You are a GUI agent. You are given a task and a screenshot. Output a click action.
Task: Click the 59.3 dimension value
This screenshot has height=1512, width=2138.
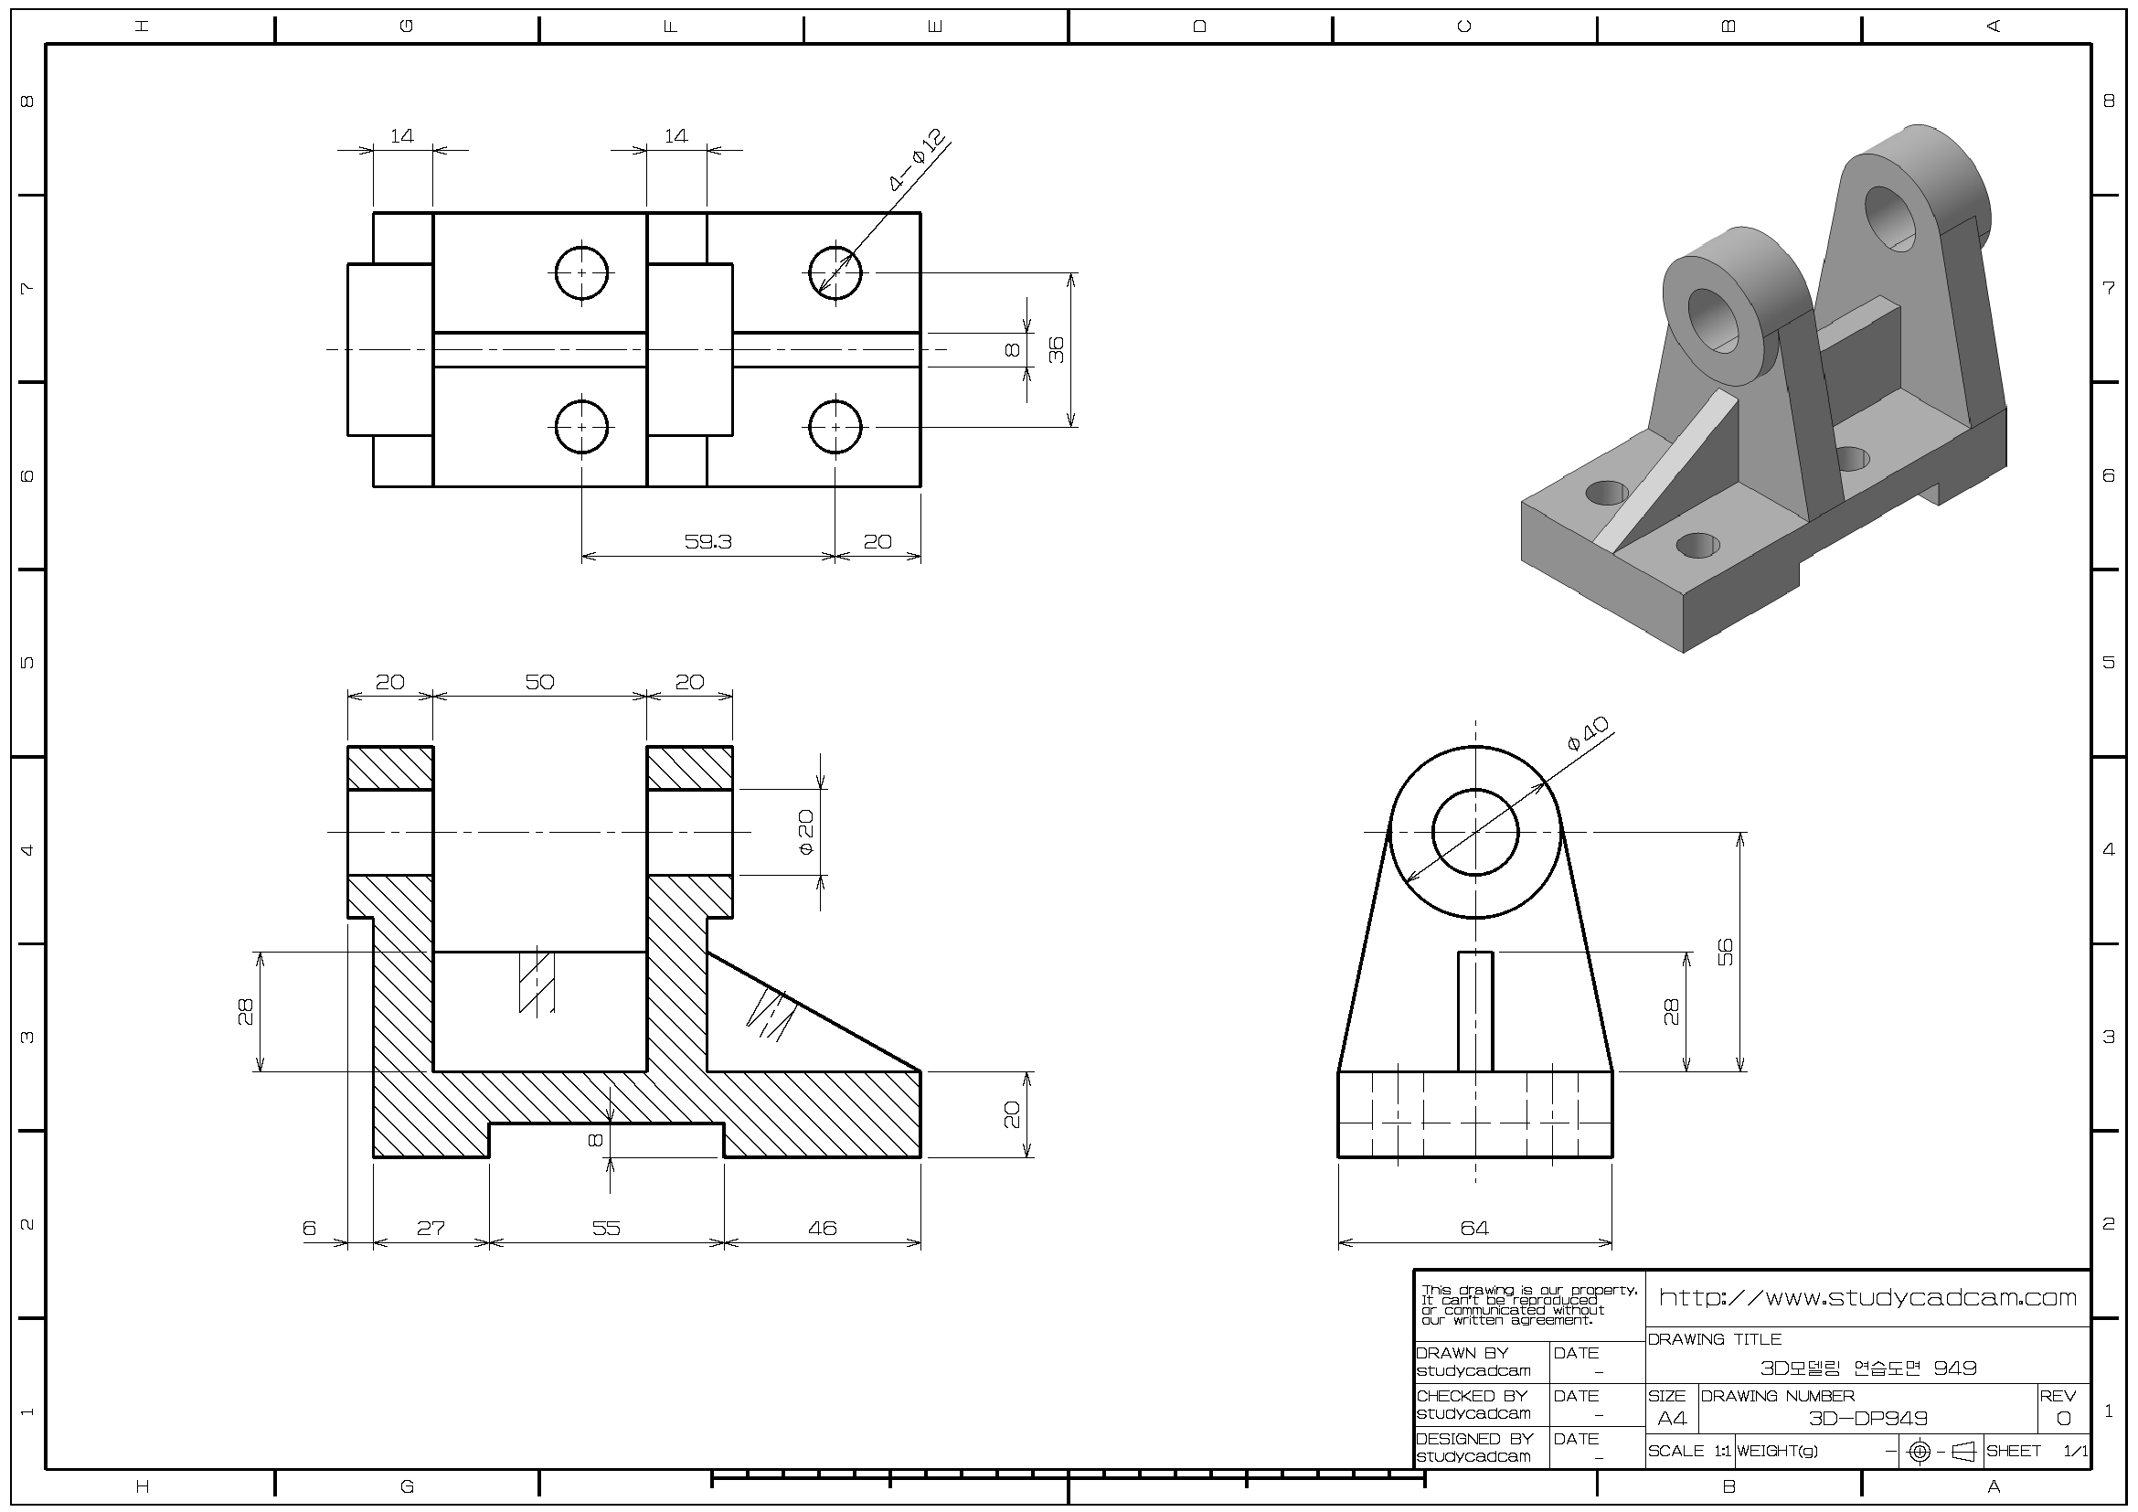[707, 541]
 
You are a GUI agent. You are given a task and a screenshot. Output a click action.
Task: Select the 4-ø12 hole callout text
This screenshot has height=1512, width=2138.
[917, 159]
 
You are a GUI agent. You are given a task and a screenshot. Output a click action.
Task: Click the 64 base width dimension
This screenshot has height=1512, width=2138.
[1474, 1228]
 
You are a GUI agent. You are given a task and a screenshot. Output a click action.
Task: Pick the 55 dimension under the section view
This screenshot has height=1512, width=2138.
[605, 1228]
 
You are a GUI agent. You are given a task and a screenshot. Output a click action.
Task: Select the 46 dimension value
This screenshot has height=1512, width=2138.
[823, 1228]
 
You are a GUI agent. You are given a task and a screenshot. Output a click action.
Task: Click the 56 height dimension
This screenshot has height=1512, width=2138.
[1725, 952]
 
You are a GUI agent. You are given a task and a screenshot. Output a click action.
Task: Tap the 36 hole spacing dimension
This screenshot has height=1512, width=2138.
[1056, 350]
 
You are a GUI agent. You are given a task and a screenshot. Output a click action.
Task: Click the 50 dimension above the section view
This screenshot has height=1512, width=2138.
[539, 682]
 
